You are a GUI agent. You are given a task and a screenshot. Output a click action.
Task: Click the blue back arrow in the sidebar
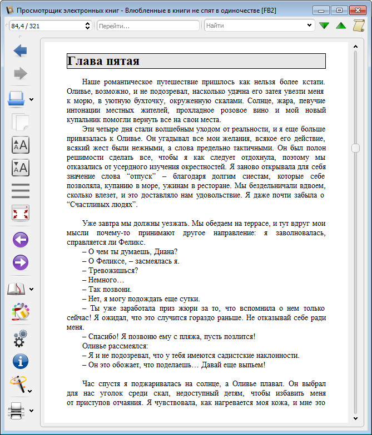21,51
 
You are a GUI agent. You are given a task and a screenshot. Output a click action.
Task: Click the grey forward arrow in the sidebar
21,73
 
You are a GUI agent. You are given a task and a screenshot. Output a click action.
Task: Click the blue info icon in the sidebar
21,361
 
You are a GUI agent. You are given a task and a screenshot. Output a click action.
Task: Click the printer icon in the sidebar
17,411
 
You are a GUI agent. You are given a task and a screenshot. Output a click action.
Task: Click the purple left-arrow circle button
21,240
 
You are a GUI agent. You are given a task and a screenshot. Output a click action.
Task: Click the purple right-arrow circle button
21,262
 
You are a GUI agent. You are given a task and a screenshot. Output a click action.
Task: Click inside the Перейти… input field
147,26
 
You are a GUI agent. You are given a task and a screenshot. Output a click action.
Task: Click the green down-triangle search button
324,26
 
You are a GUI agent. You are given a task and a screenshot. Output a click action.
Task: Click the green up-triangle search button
341,26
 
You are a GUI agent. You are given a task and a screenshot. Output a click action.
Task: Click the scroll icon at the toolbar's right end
359,26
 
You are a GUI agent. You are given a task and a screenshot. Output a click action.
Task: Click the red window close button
356,10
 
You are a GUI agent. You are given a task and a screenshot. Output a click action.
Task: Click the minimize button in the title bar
321,10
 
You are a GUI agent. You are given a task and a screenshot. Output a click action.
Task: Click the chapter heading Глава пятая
103,61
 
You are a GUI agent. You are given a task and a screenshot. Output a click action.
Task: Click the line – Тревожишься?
110,270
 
